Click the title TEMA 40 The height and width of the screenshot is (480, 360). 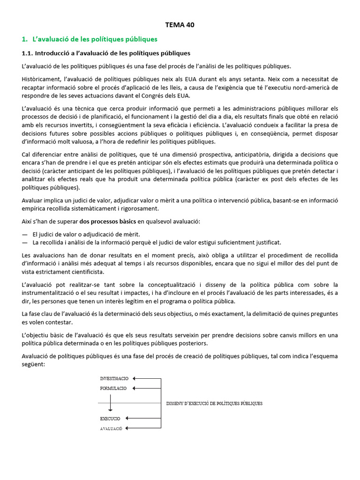pyautogui.click(x=180, y=25)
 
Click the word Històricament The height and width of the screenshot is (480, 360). pyautogui.click(x=41, y=79)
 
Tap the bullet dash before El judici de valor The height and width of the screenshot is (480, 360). pyautogui.click(x=25, y=234)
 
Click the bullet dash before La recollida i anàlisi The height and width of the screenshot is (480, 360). pyautogui.click(x=25, y=242)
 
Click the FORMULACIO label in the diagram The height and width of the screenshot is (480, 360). pyautogui.click(x=113, y=388)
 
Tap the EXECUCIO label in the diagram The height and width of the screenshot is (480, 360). pyautogui.click(x=110, y=418)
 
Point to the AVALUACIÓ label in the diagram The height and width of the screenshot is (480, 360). pyautogui.click(x=111, y=428)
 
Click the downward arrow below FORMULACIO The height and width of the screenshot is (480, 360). pyautogui.click(x=110, y=403)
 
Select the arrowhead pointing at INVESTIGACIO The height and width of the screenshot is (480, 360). pyautogui.click(x=133, y=378)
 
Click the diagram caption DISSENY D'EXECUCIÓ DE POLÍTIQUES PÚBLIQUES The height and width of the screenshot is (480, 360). pyautogui.click(x=214, y=403)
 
